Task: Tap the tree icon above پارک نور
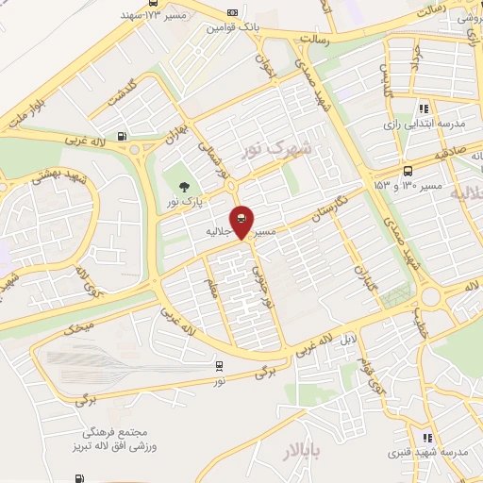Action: pyautogui.click(x=184, y=187)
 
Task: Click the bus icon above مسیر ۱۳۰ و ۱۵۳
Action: pyautogui.click(x=408, y=171)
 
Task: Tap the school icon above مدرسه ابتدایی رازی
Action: pyautogui.click(x=425, y=108)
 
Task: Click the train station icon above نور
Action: pyautogui.click(x=219, y=366)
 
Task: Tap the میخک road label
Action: pyautogui.click(x=79, y=329)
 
